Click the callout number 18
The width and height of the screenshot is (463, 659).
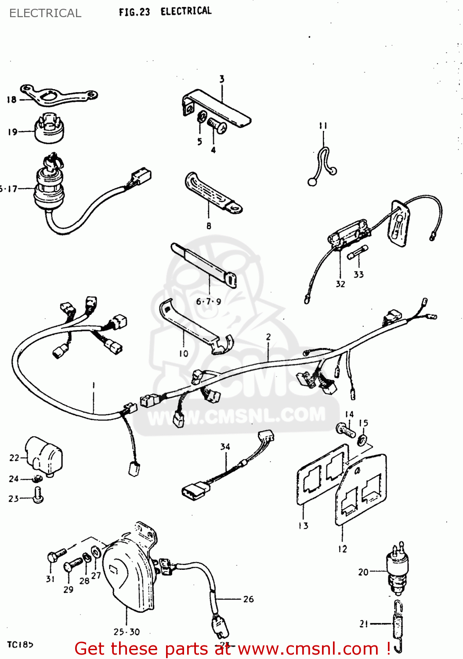(x=11, y=100)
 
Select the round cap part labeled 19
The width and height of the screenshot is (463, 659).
(x=50, y=129)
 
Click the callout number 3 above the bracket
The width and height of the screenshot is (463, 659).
(x=222, y=79)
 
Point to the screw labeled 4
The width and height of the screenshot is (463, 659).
(x=217, y=126)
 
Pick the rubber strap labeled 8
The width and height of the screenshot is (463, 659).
(x=211, y=193)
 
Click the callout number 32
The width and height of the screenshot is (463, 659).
(x=340, y=284)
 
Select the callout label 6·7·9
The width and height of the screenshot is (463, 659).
(x=209, y=302)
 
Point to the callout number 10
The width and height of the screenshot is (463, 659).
(x=184, y=354)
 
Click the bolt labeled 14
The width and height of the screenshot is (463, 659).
(x=345, y=430)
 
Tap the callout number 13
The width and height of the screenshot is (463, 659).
(x=304, y=526)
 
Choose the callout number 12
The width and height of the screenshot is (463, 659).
(x=343, y=549)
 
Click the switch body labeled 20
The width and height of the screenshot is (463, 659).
(x=398, y=569)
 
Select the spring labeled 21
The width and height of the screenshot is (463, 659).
(x=398, y=624)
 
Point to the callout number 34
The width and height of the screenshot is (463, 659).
(x=225, y=447)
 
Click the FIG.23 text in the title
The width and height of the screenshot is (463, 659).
(x=134, y=12)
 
